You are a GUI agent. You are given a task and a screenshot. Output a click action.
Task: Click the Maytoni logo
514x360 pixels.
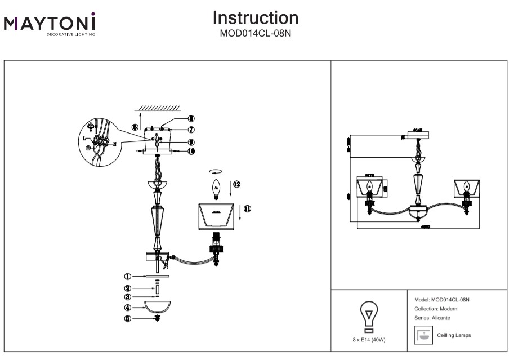50,24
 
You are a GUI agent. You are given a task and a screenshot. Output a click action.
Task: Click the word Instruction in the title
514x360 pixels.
255,18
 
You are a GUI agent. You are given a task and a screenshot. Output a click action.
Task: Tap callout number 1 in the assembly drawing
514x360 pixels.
128,277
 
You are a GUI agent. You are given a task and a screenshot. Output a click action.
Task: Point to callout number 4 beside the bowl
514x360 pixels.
128,308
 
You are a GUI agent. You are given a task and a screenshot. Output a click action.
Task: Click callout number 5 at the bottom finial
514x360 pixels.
128,318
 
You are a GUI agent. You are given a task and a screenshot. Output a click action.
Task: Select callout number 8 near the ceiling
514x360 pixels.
191,119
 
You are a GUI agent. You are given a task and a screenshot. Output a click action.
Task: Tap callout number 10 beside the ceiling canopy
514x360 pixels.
191,151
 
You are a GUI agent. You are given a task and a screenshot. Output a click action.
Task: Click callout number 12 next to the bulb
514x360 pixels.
236,184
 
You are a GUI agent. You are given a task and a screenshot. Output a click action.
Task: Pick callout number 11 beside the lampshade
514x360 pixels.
247,208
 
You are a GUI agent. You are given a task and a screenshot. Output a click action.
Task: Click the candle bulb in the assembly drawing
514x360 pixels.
216,187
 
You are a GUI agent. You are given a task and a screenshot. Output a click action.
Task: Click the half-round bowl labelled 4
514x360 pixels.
158,306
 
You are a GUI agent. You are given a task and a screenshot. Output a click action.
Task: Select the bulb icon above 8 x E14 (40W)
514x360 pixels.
369,314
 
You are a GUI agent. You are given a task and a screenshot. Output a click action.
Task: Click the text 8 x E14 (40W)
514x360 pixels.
369,340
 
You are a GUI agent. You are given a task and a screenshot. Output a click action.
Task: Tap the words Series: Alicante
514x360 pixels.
432,318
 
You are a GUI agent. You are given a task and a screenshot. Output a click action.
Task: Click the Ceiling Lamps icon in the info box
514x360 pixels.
422,336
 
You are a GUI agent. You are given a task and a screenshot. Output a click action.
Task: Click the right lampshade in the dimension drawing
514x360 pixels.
467,185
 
